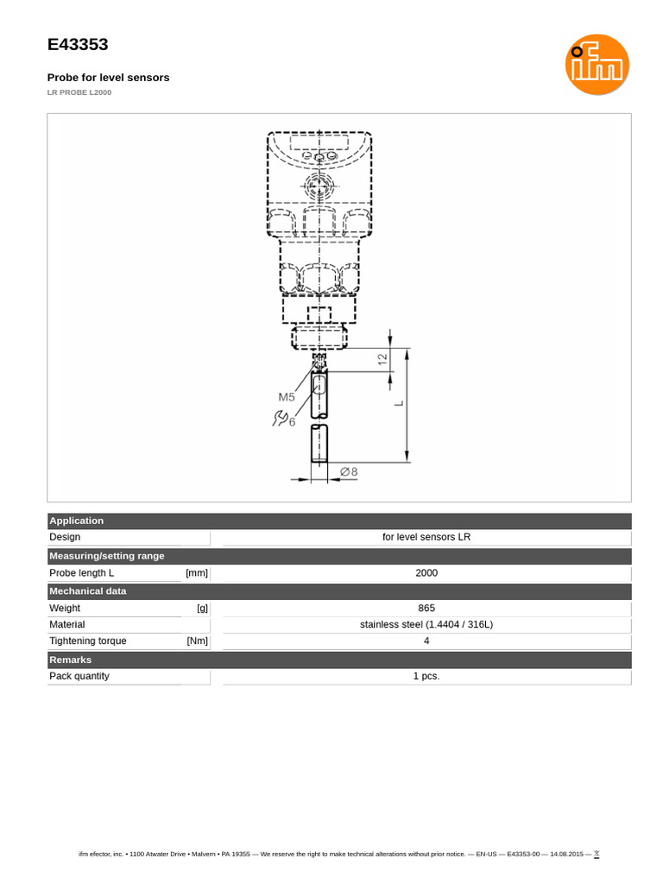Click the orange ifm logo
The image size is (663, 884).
[597, 64]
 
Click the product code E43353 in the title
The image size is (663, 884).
[78, 45]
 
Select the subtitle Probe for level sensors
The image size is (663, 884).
[108, 78]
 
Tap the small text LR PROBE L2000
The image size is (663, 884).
[79, 92]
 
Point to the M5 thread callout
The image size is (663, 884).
[287, 397]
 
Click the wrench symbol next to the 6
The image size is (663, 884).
[280, 419]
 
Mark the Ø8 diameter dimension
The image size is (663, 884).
[349, 471]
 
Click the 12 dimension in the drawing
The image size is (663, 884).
[382, 359]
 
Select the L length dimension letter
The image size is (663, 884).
[400, 403]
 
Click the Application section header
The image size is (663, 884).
[77, 521]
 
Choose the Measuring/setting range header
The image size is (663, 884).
[107, 556]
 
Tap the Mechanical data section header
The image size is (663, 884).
[88, 591]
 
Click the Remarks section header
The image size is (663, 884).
[71, 660]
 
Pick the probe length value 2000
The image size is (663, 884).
[426, 573]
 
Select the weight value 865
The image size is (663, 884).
[426, 608]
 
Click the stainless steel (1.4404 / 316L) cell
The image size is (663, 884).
[426, 624]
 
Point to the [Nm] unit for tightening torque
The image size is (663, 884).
[197, 641]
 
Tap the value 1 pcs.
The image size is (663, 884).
[426, 676]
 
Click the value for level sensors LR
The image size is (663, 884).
[426, 537]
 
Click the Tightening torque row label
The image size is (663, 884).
[88, 641]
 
